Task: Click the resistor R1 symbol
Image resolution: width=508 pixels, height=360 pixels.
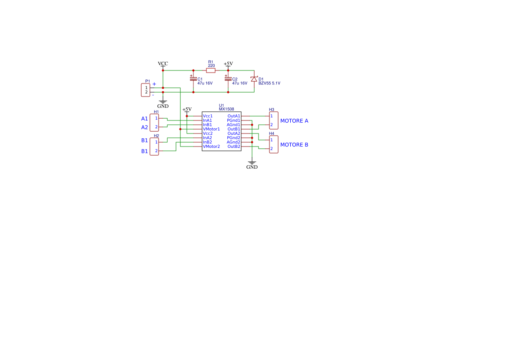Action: click(211, 70)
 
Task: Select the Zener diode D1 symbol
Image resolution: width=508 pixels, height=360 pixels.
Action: click(254, 79)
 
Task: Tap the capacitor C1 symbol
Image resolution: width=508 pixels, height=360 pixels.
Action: click(193, 79)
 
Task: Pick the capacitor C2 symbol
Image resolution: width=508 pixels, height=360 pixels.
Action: click(228, 79)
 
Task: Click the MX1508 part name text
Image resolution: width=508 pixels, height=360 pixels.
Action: click(226, 109)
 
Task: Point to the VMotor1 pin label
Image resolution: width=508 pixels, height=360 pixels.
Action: click(211, 129)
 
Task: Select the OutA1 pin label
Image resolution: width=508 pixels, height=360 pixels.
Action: click(234, 116)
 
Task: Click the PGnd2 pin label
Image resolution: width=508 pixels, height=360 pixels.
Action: click(233, 138)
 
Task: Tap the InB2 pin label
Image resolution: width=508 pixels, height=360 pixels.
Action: click(207, 142)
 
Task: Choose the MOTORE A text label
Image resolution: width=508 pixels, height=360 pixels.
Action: click(294, 121)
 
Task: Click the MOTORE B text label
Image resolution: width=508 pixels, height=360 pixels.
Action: click(294, 145)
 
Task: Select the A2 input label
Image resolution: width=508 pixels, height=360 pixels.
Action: click(144, 127)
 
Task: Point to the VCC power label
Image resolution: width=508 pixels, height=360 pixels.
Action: click(163, 63)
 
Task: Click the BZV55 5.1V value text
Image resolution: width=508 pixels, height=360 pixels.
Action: click(269, 83)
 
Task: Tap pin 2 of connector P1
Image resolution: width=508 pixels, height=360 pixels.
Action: click(146, 92)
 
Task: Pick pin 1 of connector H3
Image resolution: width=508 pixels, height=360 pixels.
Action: click(272, 116)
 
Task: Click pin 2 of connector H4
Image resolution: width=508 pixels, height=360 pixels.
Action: click(272, 149)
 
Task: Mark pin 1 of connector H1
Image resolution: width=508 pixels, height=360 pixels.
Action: click(156, 118)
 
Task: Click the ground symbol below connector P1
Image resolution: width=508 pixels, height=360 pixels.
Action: click(163, 102)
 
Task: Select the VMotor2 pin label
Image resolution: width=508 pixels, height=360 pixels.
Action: click(211, 147)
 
